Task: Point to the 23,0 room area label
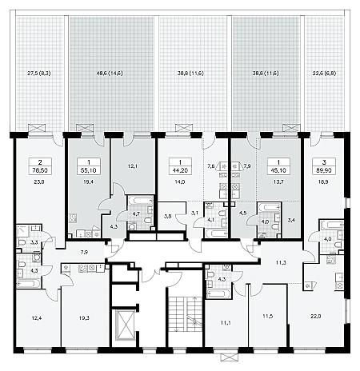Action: coord(39,182)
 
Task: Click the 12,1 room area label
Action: coord(133,166)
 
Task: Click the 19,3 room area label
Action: coord(84,318)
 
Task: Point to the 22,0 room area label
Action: coord(315,317)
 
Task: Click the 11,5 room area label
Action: coord(267,317)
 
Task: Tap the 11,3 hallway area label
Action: coord(281,262)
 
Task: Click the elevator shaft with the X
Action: coord(125,325)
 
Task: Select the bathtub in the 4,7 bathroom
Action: coord(140,201)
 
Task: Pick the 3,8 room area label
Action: coord(168,216)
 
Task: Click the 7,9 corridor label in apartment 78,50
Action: coord(84,251)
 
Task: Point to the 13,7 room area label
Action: coord(278,182)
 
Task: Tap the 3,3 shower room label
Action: coord(34,242)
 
